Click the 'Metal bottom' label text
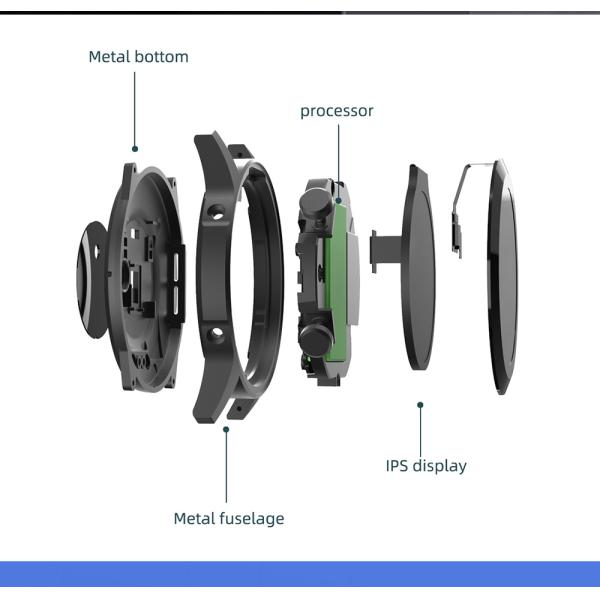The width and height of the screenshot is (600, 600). [x=139, y=57]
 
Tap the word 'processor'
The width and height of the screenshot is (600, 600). [x=337, y=111]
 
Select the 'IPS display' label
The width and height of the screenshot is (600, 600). [x=426, y=466]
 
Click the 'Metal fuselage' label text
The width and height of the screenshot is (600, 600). [x=229, y=518]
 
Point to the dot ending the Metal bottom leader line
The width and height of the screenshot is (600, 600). [x=135, y=149]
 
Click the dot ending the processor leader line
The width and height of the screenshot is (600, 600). [x=338, y=200]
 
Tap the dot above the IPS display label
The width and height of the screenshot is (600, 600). [x=420, y=405]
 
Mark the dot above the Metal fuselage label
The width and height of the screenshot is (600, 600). [x=226, y=429]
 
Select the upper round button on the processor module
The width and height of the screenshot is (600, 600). [x=316, y=202]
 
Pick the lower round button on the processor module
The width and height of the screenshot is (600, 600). [x=316, y=339]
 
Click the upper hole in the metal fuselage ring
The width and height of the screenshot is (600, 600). [x=217, y=213]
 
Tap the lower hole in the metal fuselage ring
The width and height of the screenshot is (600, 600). [x=217, y=334]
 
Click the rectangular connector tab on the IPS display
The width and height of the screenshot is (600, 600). [x=386, y=251]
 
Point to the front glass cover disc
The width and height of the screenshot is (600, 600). [x=502, y=277]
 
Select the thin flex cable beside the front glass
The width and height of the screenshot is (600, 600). [x=462, y=210]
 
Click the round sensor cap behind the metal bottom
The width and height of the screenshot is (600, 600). [x=92, y=280]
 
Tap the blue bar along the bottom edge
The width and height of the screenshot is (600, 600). [x=300, y=574]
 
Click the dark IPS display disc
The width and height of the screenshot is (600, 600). [x=418, y=268]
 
